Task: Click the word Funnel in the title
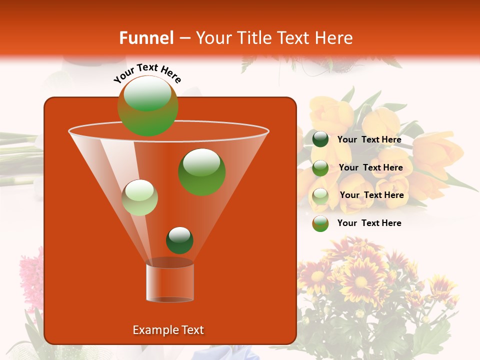(x=146, y=38)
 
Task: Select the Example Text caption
(x=168, y=330)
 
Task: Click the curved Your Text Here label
(x=147, y=73)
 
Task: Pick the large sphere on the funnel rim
(x=148, y=105)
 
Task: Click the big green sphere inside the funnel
(x=202, y=171)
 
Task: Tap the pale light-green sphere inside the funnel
(x=140, y=197)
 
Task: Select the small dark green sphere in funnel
(x=179, y=240)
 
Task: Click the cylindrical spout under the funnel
(x=170, y=282)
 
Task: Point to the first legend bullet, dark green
(x=320, y=139)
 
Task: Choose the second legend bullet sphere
(x=320, y=167)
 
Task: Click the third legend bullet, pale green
(x=320, y=195)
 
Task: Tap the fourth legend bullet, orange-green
(x=320, y=223)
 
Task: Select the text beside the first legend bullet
(x=369, y=140)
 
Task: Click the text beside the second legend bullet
(x=370, y=168)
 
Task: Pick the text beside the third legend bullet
(x=371, y=195)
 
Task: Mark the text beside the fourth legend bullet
(x=369, y=223)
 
